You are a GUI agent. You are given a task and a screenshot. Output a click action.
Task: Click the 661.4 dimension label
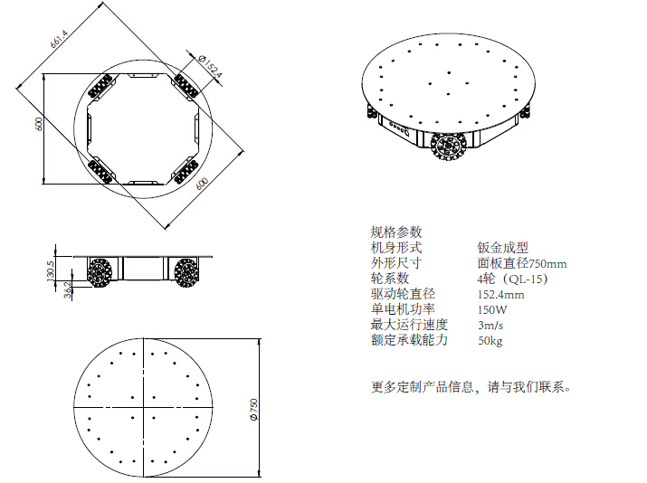tap(59, 39)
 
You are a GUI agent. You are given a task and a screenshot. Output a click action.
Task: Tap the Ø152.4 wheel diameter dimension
tap(210, 66)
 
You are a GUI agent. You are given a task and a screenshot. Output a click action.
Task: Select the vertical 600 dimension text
tap(39, 124)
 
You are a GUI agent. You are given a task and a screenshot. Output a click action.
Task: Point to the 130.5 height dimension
tap(51, 269)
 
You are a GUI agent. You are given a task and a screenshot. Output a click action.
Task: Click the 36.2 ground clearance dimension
tap(68, 289)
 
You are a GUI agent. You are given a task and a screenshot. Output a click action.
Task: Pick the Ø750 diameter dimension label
tap(253, 410)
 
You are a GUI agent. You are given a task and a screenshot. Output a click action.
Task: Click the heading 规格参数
tap(396, 232)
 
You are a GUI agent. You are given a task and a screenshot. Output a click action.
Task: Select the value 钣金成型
tap(502, 248)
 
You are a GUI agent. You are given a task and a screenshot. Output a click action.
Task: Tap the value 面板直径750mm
tap(522, 263)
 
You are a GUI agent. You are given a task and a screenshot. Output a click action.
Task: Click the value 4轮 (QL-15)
tap(513, 279)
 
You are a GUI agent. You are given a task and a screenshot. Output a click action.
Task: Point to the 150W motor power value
tap(492, 309)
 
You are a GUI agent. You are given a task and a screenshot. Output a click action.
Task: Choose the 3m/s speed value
tap(490, 325)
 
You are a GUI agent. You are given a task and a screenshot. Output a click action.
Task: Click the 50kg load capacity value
tap(490, 340)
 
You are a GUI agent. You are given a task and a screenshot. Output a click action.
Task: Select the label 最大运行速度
tap(409, 325)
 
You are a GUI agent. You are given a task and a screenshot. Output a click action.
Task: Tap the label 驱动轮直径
tap(403, 294)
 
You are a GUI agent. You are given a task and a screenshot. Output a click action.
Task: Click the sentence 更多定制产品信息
tap(422, 387)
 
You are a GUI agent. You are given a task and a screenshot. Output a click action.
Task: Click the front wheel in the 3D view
tap(448, 147)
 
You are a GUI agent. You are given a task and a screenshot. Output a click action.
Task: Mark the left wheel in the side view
tap(100, 272)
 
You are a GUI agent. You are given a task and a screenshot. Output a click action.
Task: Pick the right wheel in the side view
tap(186, 272)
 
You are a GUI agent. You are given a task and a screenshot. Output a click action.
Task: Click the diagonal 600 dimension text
tap(202, 184)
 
